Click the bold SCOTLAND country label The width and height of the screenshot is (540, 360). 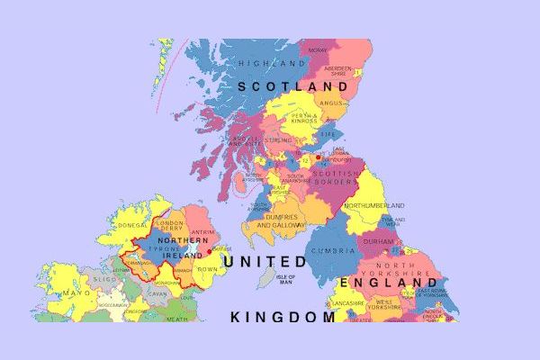[x=292, y=86]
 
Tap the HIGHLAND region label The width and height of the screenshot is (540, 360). [x=272, y=64]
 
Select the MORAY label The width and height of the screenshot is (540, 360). [x=318, y=50]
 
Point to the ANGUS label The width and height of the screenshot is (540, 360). [x=331, y=103]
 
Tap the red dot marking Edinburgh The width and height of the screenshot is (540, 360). [x=318, y=157]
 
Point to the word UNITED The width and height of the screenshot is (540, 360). [x=265, y=261]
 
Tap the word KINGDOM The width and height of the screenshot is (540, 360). [x=283, y=317]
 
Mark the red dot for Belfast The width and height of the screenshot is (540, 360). [x=210, y=252]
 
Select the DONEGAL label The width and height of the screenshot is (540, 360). [x=131, y=226]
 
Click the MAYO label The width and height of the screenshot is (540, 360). [x=76, y=293]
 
